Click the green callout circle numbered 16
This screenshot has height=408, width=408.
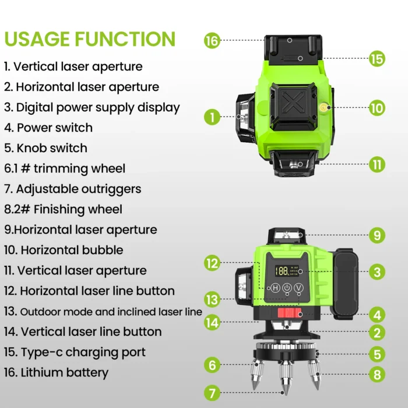(x=212, y=41)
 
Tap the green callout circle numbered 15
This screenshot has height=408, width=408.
(x=377, y=58)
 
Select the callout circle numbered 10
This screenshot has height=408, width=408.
(x=377, y=108)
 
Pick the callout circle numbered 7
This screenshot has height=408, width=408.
(x=212, y=393)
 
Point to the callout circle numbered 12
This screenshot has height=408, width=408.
(x=212, y=263)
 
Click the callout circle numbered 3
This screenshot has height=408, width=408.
(x=377, y=272)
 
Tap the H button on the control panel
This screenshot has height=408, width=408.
(x=275, y=288)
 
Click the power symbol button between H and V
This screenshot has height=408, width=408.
(x=287, y=288)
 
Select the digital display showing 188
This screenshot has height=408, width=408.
(x=287, y=271)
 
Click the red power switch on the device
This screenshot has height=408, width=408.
(x=289, y=313)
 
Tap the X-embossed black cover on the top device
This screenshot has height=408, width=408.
(x=294, y=106)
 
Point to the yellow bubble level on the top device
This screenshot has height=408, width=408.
(x=324, y=107)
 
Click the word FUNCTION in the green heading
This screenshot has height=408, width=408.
(x=125, y=39)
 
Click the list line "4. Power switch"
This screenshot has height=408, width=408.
(x=48, y=128)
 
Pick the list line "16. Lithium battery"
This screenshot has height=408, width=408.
(x=56, y=372)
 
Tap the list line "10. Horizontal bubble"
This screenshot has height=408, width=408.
(x=64, y=250)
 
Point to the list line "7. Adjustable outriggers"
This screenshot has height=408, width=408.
(x=73, y=189)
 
